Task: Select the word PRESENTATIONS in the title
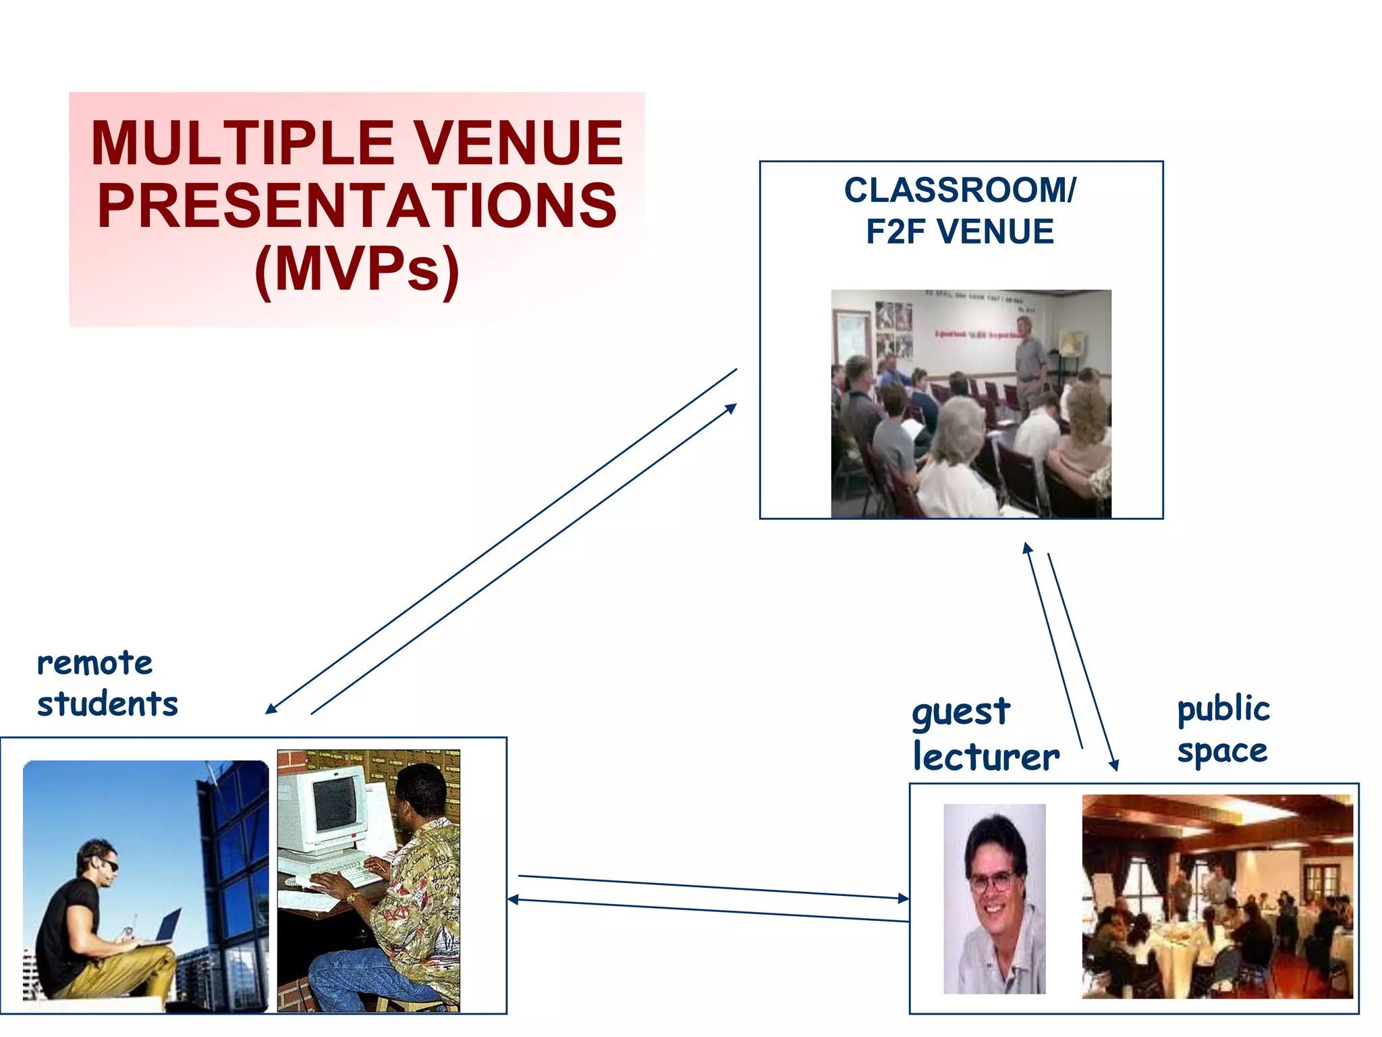(x=357, y=206)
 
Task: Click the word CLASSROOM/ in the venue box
(x=960, y=190)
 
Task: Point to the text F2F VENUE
(x=960, y=232)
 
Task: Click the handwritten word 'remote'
(x=94, y=664)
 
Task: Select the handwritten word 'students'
(x=107, y=704)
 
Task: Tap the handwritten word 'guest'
(x=961, y=713)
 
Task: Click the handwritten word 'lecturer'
(x=986, y=756)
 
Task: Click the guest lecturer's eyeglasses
(x=992, y=881)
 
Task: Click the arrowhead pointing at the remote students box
(x=271, y=709)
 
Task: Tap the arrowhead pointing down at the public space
(x=1115, y=765)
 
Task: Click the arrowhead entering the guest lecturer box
(x=904, y=899)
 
